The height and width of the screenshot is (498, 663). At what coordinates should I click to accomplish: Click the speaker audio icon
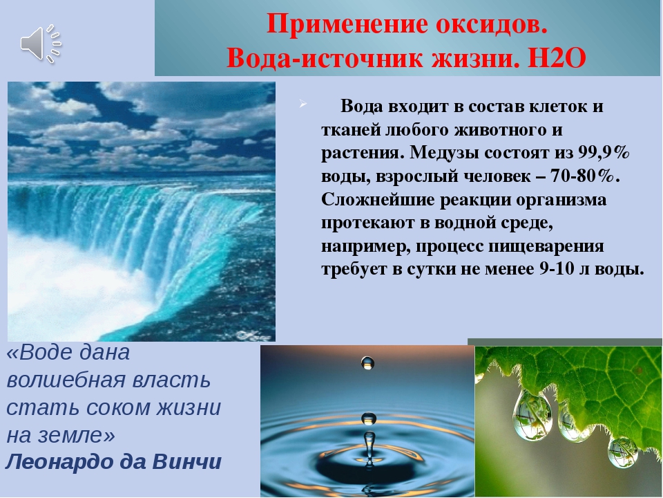[x=41, y=44]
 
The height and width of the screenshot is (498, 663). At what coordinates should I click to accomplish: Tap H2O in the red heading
[x=557, y=58]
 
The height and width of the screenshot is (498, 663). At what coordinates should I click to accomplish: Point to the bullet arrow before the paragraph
[x=302, y=104]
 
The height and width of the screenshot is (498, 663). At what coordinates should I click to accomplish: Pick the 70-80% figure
[x=582, y=176]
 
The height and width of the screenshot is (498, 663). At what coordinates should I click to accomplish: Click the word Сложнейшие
[x=378, y=199]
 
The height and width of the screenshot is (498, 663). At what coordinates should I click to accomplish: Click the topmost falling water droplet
[x=367, y=362]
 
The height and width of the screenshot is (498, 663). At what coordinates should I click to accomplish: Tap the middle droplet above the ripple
[x=369, y=418]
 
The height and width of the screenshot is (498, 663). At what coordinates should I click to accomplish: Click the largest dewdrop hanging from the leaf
[x=532, y=416]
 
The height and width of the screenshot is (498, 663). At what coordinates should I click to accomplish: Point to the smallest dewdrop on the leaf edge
[x=622, y=452]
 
